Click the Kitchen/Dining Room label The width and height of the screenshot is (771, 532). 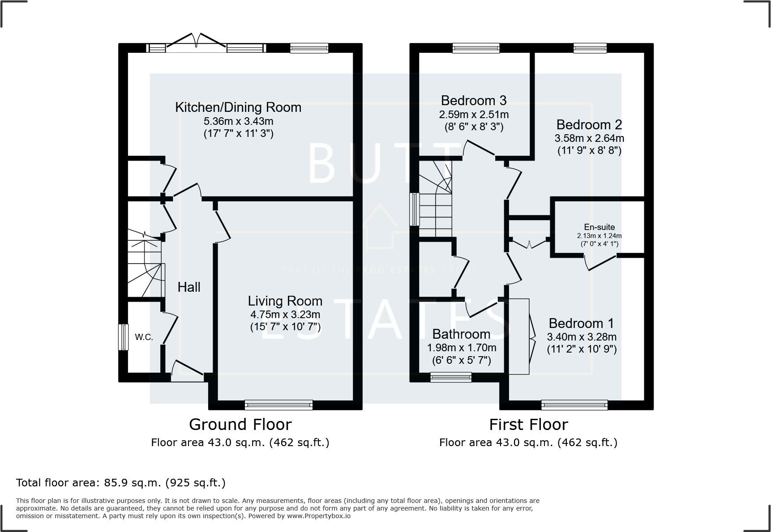pos(238,107)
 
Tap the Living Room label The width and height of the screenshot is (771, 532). pos(285,301)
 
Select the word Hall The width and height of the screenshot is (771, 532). pos(189,287)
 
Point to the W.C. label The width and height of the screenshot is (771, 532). pos(144,337)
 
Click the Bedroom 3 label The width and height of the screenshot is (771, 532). pos(474,100)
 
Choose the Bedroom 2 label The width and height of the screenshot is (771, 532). pos(589,124)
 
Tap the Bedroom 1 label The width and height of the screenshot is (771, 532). pos(581,323)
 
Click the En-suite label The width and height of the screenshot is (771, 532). pos(600,227)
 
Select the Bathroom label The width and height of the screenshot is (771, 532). pos(461,334)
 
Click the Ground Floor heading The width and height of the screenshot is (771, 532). pos(240,424)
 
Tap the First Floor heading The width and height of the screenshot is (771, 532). pos(528,424)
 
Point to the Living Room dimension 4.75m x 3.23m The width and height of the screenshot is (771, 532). pos(285,315)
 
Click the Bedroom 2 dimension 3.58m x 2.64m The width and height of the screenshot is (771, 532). pos(589,138)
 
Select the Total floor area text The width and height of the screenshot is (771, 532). pos(121,483)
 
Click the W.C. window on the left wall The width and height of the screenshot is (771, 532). pos(123,337)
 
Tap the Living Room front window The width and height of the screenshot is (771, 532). pos(278,405)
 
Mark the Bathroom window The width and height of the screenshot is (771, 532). pos(451,377)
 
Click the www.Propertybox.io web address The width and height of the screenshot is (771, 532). pos(319,516)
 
